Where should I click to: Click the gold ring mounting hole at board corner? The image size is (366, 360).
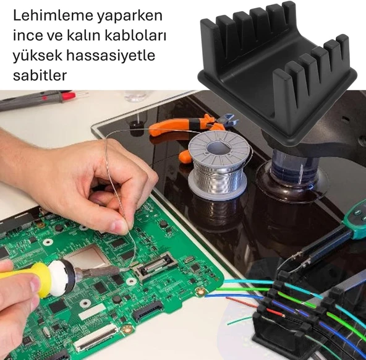point(200,289)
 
